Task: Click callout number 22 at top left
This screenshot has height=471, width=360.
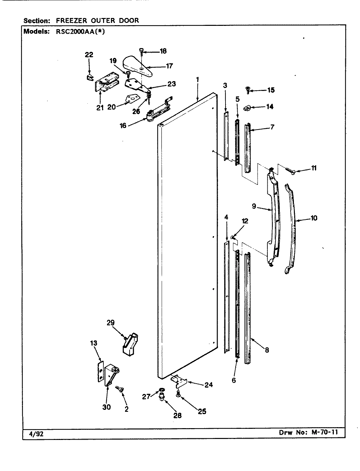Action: [x=89, y=55]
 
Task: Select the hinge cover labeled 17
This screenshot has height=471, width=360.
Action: [x=137, y=66]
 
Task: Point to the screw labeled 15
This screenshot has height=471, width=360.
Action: [x=248, y=89]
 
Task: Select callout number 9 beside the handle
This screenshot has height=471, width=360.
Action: [x=254, y=207]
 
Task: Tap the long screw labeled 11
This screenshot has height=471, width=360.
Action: [x=290, y=170]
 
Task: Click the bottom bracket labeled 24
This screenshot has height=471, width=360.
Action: [x=179, y=380]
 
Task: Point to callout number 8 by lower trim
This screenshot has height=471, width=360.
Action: [x=267, y=350]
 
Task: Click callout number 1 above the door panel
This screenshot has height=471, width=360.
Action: [x=197, y=79]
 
